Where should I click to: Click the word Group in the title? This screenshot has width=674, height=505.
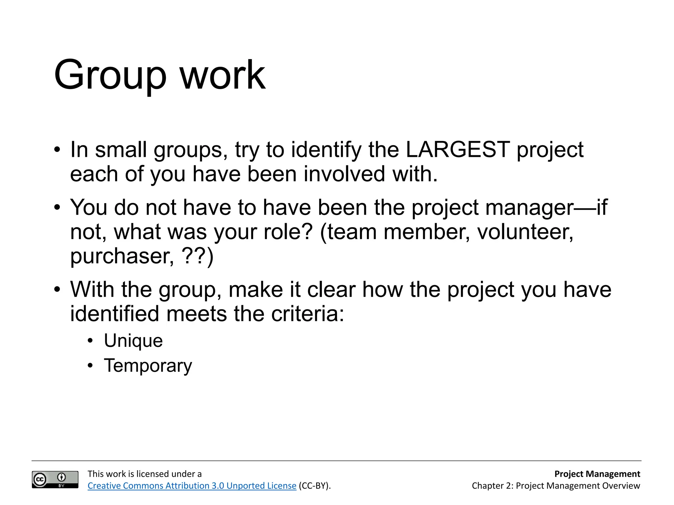pyautogui.click(x=110, y=76)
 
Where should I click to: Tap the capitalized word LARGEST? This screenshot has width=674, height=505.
pyautogui.click(x=458, y=150)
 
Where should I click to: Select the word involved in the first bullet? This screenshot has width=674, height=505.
pyautogui.click(x=344, y=174)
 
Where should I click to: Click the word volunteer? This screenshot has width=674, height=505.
pyautogui.click(x=525, y=232)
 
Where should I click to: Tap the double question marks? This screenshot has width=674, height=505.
pyautogui.click(x=194, y=256)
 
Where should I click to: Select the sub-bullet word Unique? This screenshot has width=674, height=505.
pyautogui.click(x=133, y=341)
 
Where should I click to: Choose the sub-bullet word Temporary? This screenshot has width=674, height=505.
pyautogui.click(x=148, y=366)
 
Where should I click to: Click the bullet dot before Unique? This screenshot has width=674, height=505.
pyautogui.click(x=91, y=341)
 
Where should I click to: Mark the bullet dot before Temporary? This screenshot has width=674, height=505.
pyautogui.click(x=91, y=366)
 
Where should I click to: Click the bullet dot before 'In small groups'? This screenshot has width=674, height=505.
pyautogui.click(x=57, y=150)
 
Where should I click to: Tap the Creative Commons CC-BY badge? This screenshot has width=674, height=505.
pyautogui.click(x=55, y=479)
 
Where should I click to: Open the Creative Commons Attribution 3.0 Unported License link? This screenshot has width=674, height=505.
pyautogui.click(x=192, y=486)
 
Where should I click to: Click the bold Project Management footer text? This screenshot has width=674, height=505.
pyautogui.click(x=597, y=474)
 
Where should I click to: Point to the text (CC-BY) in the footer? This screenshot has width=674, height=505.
pyautogui.click(x=314, y=486)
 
